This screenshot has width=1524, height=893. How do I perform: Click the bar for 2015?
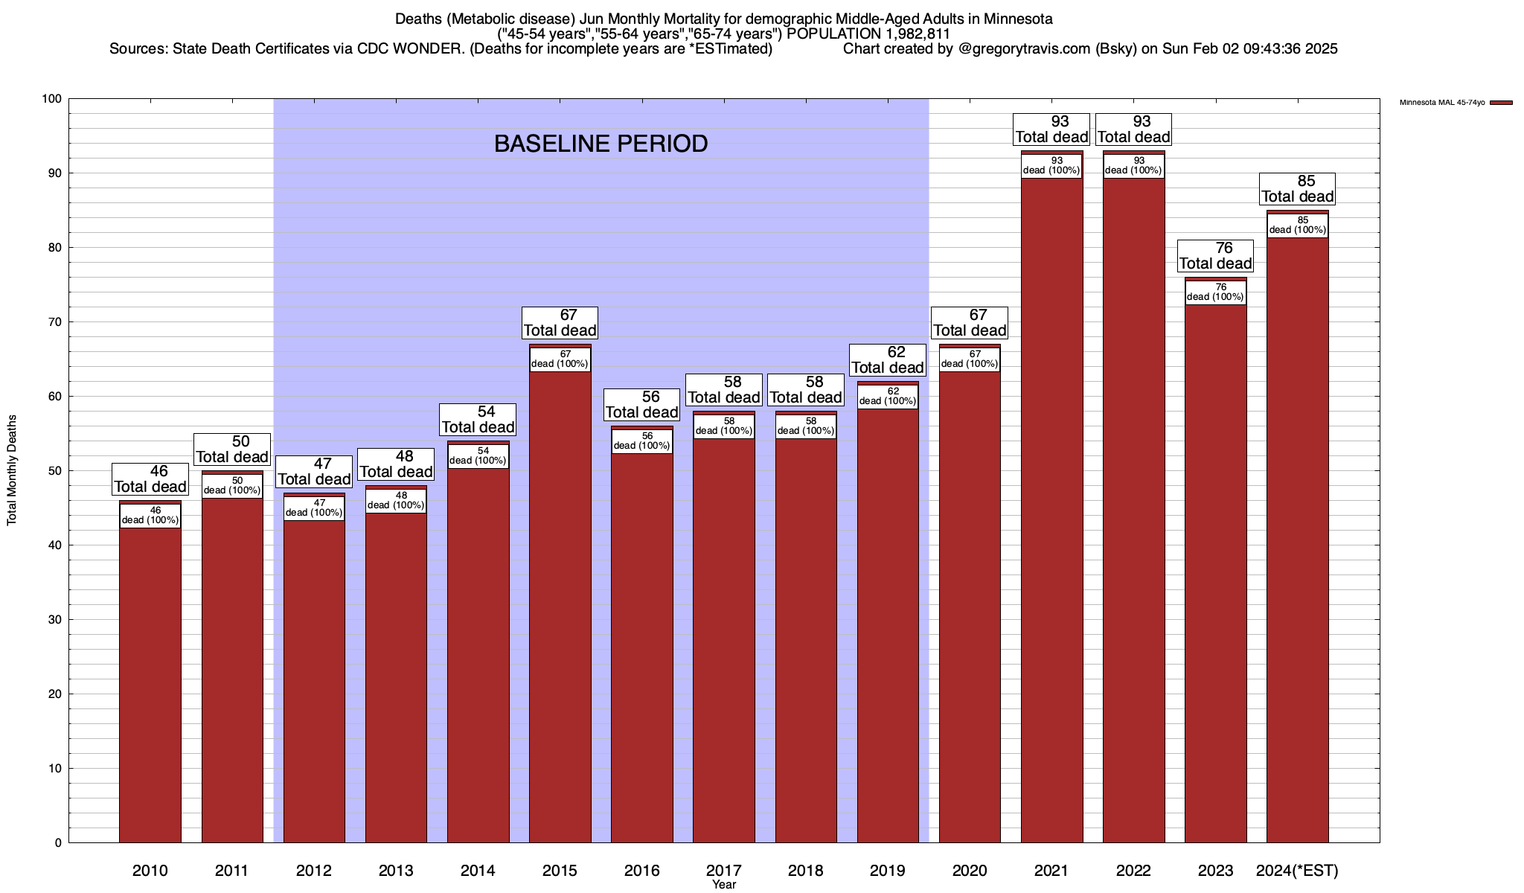pos(560,595)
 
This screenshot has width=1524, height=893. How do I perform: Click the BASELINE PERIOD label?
pos(601,144)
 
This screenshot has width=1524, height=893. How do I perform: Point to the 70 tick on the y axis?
pos(56,322)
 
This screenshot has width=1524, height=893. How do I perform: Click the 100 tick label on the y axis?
pos(53,99)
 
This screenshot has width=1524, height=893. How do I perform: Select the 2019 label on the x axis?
pos(888,871)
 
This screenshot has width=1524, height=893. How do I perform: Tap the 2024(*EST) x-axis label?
pos(1297,871)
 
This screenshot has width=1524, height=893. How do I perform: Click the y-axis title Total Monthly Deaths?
pos(12,470)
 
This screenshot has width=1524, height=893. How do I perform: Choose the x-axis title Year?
pos(723,885)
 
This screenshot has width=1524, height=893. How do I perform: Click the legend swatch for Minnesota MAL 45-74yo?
pos(1502,103)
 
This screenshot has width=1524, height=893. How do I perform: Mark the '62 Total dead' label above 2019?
pos(888,360)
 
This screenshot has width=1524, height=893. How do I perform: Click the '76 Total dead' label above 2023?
pos(1216,256)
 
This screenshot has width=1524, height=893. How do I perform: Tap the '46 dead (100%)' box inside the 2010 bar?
pos(150,515)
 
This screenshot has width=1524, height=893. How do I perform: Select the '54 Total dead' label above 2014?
pos(478,420)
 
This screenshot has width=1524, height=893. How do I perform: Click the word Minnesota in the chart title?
pos(1018,19)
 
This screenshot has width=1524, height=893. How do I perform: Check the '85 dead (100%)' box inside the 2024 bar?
pos(1298,225)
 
